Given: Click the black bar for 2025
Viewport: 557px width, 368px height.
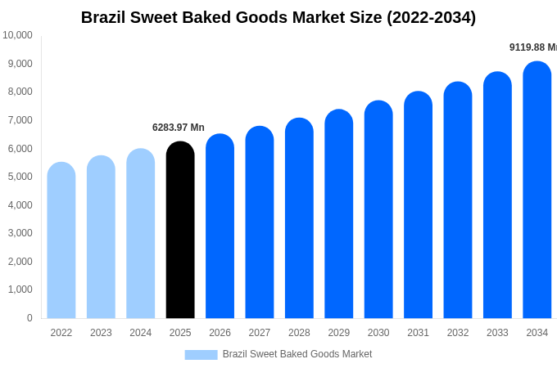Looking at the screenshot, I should pyautogui.click(x=180, y=230).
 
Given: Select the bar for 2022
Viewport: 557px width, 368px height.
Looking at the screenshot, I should pyautogui.click(x=61, y=240).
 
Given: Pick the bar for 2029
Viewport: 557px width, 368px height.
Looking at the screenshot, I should pyautogui.click(x=339, y=214).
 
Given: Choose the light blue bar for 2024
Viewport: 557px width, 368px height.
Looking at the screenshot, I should pyautogui.click(x=141, y=233).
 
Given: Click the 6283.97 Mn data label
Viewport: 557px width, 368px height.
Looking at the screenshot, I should pyautogui.click(x=179, y=128).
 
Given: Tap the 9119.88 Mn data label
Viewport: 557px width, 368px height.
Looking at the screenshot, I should pyautogui.click(x=532, y=47).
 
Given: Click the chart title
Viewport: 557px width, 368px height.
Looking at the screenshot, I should pyautogui.click(x=278, y=17).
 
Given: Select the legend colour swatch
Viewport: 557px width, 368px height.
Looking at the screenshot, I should pyautogui.click(x=201, y=354).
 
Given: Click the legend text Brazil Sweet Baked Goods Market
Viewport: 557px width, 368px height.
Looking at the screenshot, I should pyautogui.click(x=297, y=354).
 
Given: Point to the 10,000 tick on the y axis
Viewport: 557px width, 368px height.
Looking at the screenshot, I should pyautogui.click(x=17, y=35).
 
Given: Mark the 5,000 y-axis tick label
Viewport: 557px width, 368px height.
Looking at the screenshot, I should pyautogui.click(x=17, y=177).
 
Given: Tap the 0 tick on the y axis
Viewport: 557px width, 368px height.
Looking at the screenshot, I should pyautogui.click(x=29, y=318).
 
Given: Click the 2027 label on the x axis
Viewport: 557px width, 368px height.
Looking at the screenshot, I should pyautogui.click(x=260, y=333).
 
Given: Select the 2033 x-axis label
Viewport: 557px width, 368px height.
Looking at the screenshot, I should pyautogui.click(x=497, y=333).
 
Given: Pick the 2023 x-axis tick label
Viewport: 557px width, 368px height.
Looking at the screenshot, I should pyautogui.click(x=101, y=333).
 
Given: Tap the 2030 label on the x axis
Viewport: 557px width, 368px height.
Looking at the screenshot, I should pyautogui.click(x=378, y=333).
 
